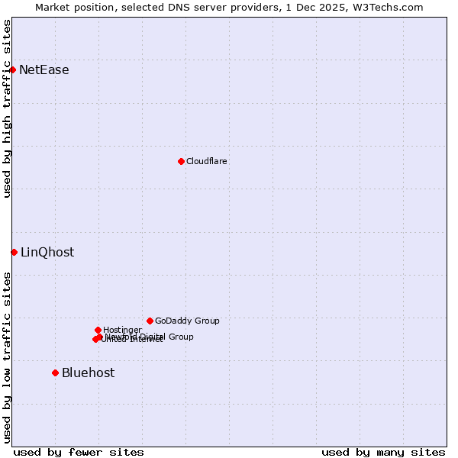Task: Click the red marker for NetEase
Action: click(12, 69)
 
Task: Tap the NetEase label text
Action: click(44, 70)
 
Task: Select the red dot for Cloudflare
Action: click(181, 161)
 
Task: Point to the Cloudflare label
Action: click(206, 161)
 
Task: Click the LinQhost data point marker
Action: click(14, 252)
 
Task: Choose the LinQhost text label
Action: click(47, 253)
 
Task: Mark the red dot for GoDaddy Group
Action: click(150, 321)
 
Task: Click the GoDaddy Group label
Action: click(187, 321)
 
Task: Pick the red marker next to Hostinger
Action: click(98, 330)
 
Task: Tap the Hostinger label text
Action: click(122, 330)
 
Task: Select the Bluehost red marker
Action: click(55, 373)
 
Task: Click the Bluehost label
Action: click(88, 373)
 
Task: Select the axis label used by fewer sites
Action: click(79, 452)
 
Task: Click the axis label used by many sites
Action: click(383, 452)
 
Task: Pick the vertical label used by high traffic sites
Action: click(7, 109)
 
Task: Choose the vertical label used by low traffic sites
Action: click(7, 357)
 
